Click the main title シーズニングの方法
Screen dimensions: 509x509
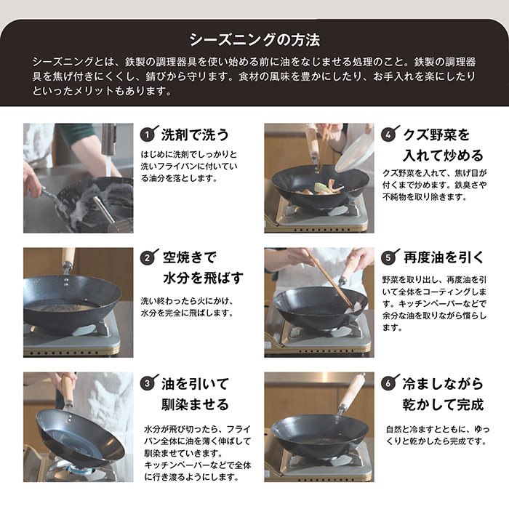click(x=254, y=40)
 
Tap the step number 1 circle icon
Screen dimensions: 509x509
click(x=147, y=135)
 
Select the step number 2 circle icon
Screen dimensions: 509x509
click(x=147, y=258)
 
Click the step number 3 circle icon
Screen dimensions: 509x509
click(x=147, y=383)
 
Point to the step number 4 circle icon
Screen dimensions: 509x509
click(x=388, y=135)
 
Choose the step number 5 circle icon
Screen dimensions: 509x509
click(x=388, y=258)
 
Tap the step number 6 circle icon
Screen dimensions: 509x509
click(x=388, y=383)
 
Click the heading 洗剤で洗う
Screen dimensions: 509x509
click(x=196, y=135)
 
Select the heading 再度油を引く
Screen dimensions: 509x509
click(x=444, y=257)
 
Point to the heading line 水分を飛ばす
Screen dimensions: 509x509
click(x=203, y=278)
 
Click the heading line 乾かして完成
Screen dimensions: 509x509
click(x=444, y=404)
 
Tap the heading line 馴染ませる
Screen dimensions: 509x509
click(x=196, y=404)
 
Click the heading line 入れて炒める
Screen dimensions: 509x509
click(x=444, y=156)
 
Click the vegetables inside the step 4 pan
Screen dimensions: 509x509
click(x=321, y=189)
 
